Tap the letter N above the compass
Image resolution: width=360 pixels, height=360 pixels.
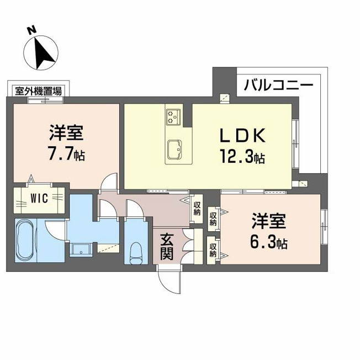click(x=31, y=30)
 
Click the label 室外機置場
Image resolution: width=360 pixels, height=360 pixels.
click(x=38, y=91)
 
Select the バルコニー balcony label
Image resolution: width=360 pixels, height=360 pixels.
click(x=278, y=85)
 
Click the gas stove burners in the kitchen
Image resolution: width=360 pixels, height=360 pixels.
click(x=173, y=117)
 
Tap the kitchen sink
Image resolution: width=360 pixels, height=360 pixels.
click(x=175, y=149)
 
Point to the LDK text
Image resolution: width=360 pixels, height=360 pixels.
click(x=243, y=135)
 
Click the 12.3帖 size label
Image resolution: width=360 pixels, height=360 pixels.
click(x=242, y=156)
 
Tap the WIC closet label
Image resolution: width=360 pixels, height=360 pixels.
click(x=40, y=198)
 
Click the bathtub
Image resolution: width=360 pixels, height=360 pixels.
click(x=26, y=240)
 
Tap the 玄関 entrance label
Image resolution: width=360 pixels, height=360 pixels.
click(x=167, y=247)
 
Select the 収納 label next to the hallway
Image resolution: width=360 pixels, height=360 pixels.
click(x=197, y=209)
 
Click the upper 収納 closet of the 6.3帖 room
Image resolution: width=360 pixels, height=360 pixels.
click(x=213, y=219)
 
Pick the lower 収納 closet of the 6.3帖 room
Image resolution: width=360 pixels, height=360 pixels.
click(x=213, y=250)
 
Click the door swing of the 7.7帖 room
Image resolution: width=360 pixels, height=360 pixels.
click(x=109, y=181)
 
